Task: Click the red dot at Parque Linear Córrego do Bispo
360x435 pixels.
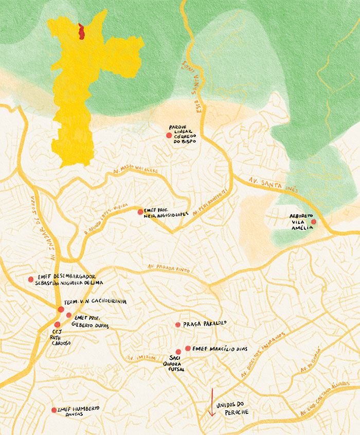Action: click(169, 135)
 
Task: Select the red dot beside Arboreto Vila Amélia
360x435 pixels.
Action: click(314, 222)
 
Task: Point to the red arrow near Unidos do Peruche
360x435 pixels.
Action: click(210, 402)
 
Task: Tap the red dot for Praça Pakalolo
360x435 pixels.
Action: click(178, 325)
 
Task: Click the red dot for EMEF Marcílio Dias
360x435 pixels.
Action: click(188, 349)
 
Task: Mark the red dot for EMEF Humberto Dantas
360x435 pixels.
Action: click(54, 410)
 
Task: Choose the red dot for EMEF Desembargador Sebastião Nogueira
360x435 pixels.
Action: click(31, 279)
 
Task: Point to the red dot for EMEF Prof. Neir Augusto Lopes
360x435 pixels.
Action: click(140, 212)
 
